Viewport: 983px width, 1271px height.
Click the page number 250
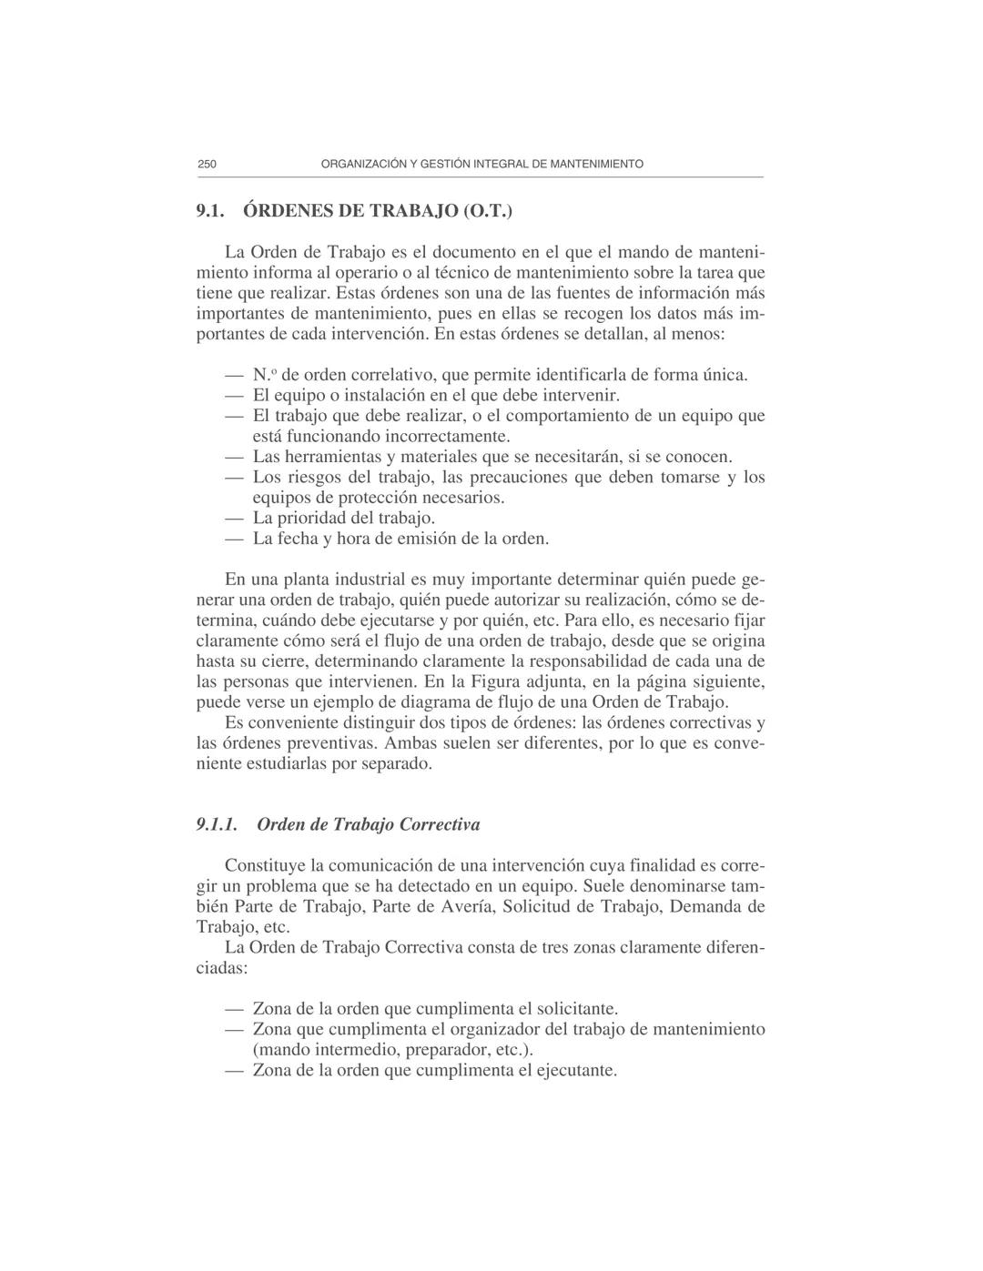[x=207, y=165]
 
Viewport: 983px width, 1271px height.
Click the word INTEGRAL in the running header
[x=498, y=165]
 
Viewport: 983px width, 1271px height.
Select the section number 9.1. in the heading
[x=210, y=212]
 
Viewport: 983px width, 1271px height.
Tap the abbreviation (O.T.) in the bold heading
[x=488, y=212]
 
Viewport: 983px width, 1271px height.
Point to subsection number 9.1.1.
[x=217, y=825]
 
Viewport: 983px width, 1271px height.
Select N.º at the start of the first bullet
[x=264, y=375]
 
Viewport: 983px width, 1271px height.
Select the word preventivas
[x=329, y=743]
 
